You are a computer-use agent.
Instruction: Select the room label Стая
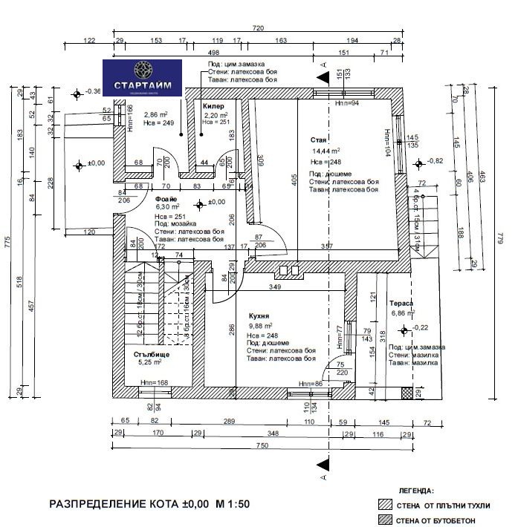tap(319, 140)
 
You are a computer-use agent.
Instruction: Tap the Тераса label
tap(401, 304)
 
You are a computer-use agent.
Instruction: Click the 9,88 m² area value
tap(260, 326)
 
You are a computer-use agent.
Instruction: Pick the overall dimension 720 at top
tap(258, 28)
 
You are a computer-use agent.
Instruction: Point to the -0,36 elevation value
tap(94, 91)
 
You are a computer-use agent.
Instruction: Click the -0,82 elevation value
tap(435, 161)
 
